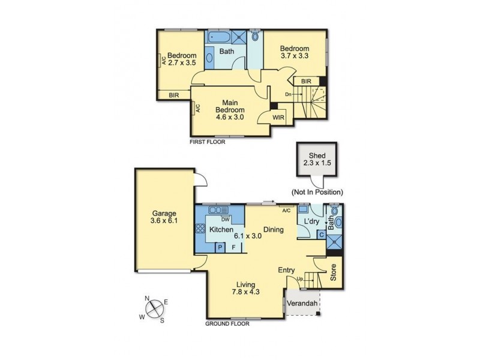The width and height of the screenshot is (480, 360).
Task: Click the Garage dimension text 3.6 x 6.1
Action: tap(163, 222)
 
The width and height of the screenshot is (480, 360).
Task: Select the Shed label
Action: tap(316, 153)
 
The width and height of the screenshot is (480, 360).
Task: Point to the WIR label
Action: tap(279, 118)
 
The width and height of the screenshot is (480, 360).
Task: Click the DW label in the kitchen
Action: tap(226, 219)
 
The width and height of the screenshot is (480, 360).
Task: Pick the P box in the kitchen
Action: tap(220, 247)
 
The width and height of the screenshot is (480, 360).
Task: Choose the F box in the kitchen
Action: tap(234, 247)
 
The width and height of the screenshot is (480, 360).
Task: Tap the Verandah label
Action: tap(302, 304)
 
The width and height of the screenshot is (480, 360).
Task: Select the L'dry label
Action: tap(311, 222)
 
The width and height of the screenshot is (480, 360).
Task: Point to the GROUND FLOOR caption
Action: tap(227, 323)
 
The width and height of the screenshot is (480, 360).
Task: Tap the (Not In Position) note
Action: tap(317, 193)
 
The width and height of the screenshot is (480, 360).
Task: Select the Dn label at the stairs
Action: tap(288, 94)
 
